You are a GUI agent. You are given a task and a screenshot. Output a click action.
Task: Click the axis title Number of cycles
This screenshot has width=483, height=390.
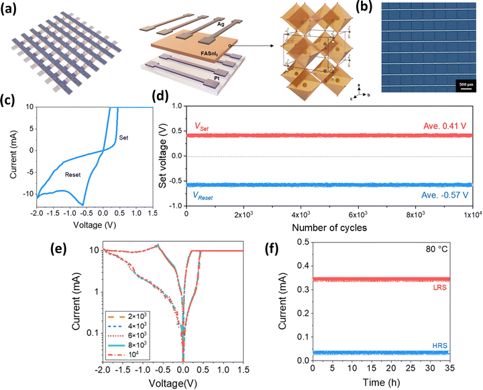(329, 229)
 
